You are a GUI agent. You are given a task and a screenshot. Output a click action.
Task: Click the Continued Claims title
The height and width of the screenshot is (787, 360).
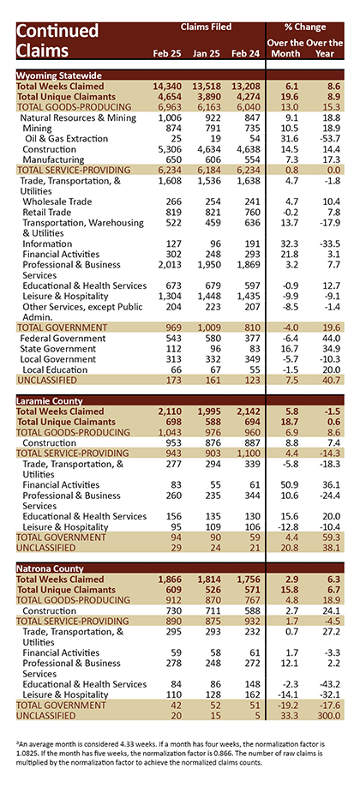click(51, 40)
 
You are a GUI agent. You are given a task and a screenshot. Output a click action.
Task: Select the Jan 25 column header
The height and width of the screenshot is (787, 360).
click(204, 53)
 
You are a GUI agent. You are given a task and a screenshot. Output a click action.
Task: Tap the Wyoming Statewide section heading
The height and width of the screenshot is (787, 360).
click(59, 75)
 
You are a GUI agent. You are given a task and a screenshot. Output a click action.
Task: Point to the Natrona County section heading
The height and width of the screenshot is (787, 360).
click(50, 568)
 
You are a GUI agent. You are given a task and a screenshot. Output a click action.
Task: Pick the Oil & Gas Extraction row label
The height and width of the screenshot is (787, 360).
click(67, 139)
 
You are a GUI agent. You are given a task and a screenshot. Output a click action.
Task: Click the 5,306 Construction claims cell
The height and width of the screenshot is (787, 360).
click(170, 149)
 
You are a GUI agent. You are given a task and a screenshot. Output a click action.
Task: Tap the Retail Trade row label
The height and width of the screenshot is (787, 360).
click(46, 212)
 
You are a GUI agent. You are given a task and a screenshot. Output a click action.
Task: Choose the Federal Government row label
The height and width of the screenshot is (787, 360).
click(63, 339)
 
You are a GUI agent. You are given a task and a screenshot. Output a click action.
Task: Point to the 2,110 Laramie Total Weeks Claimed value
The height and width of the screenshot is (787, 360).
click(170, 412)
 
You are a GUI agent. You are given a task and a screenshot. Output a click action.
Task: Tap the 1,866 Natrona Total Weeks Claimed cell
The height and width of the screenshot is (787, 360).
click(170, 580)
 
